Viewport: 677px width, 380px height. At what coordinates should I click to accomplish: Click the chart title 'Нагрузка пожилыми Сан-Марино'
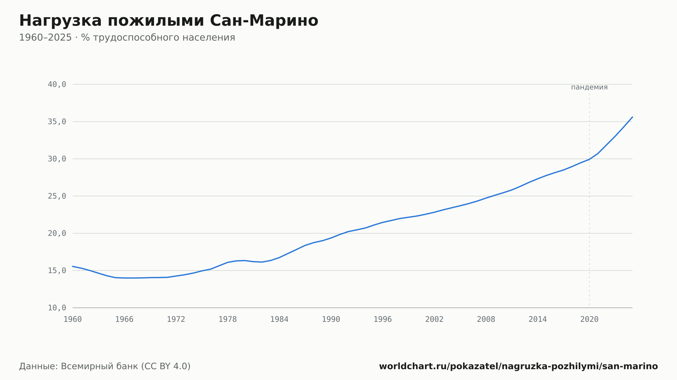(x=169, y=21)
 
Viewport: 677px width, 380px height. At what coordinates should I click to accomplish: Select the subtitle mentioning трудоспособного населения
(x=127, y=38)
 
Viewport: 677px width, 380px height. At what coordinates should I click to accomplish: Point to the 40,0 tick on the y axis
(x=57, y=85)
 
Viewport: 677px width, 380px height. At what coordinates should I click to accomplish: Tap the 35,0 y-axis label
(x=57, y=122)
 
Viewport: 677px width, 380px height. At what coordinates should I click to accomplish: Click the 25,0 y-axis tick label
(x=57, y=196)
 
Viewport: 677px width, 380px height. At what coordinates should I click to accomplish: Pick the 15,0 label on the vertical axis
(x=57, y=270)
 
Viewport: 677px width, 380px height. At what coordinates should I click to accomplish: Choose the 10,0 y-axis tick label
(x=57, y=308)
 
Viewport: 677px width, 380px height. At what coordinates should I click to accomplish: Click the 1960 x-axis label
(x=73, y=319)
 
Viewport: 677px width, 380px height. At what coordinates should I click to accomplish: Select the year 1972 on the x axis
(x=176, y=319)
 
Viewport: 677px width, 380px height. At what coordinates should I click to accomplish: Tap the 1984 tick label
(x=279, y=319)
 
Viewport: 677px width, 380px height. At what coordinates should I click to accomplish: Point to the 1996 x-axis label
(x=383, y=319)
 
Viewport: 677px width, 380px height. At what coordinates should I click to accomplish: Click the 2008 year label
(x=486, y=319)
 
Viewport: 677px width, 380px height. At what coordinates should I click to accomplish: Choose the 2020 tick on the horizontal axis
(x=589, y=319)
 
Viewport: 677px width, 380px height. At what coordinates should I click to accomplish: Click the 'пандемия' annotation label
(x=589, y=87)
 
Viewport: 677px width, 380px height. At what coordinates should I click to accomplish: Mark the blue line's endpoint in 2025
(x=632, y=117)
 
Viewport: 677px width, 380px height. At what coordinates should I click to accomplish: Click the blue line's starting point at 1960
(x=73, y=266)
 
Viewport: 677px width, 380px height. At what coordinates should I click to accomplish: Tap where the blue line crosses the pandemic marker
(x=589, y=159)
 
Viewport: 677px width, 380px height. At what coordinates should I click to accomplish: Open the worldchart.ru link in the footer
(x=518, y=366)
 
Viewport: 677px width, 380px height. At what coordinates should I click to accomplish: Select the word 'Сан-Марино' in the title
(x=264, y=21)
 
